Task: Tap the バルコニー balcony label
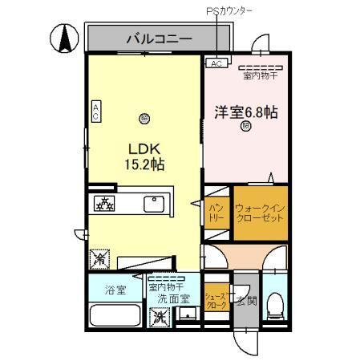(158, 38)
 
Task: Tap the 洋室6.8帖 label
(245, 112)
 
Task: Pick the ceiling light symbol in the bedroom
(245, 126)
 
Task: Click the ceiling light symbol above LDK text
(144, 117)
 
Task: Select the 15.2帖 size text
(145, 164)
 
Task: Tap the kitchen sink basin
(154, 204)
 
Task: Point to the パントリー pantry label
(216, 212)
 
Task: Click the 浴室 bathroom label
(115, 290)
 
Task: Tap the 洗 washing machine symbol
(160, 315)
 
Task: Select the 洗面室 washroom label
(172, 296)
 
